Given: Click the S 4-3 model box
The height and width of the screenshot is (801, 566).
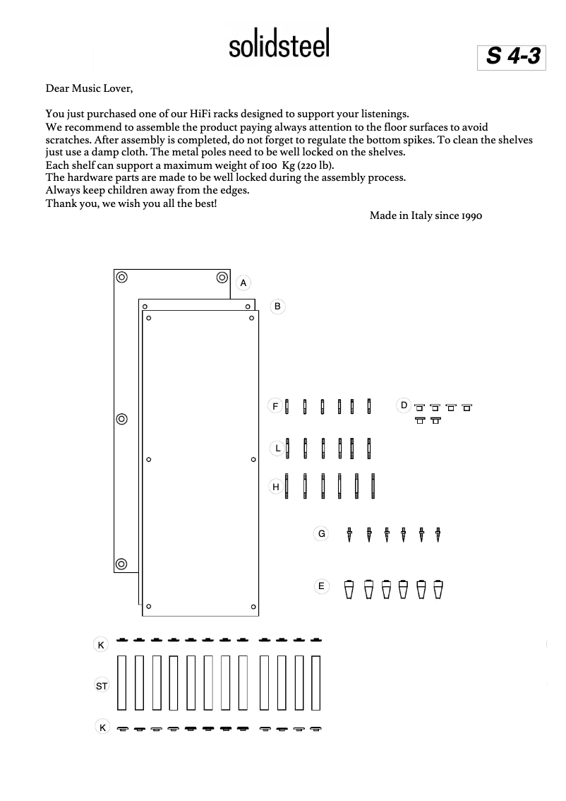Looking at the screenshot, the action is [x=513, y=57].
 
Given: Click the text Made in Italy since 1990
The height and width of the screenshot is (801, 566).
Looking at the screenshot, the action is [x=426, y=215].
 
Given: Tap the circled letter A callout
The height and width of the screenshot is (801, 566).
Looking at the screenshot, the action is [x=243, y=283].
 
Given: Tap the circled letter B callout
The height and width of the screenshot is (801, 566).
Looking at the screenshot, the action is [x=278, y=307].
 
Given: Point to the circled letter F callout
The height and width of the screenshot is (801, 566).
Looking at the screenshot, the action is [x=276, y=406].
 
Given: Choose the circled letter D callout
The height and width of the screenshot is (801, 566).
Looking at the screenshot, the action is [x=404, y=405].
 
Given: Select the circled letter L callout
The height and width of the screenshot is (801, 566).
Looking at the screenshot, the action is [x=278, y=448].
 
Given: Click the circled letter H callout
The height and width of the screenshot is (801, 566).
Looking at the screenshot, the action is [x=277, y=487].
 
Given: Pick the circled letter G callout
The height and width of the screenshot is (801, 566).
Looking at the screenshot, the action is [x=322, y=534].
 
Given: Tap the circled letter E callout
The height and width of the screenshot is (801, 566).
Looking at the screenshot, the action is [x=321, y=586].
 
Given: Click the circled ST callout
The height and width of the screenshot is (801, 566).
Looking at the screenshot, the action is [x=102, y=686].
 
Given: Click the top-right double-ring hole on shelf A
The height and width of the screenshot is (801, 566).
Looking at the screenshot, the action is [x=222, y=277].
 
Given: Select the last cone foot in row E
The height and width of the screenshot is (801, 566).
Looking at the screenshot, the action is [x=438, y=589].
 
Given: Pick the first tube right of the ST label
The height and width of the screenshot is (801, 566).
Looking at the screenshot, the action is [x=122, y=682].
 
